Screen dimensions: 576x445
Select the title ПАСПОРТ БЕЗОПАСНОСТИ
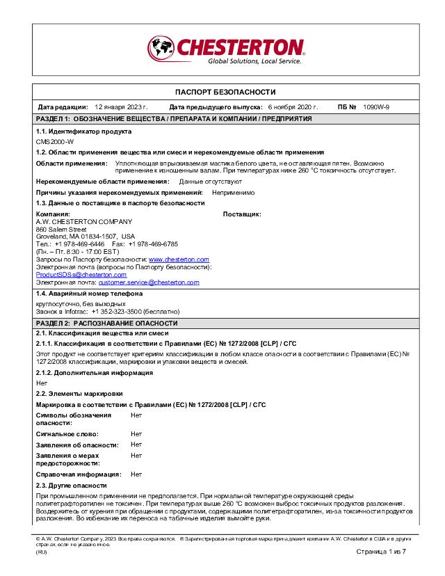pyautogui.click(x=225, y=92)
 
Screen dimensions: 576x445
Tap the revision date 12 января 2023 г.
pyautogui.click(x=121, y=107)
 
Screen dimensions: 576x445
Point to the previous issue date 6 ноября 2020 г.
pyautogui.click(x=293, y=107)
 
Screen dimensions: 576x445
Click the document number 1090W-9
pyautogui.click(x=376, y=107)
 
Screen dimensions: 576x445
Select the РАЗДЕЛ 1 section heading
pyautogui.click(x=174, y=119)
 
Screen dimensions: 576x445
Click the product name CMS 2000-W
pyautogui.click(x=55, y=141)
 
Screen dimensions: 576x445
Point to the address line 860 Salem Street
pyautogui.click(x=61, y=229)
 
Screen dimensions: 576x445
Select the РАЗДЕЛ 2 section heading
pyautogui.click(x=107, y=323)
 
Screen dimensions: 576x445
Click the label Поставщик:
pyautogui.click(x=241, y=214)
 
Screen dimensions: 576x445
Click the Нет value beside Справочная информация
pyautogui.click(x=136, y=474)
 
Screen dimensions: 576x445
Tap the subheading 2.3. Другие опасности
pyautogui.click(x=72, y=485)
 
